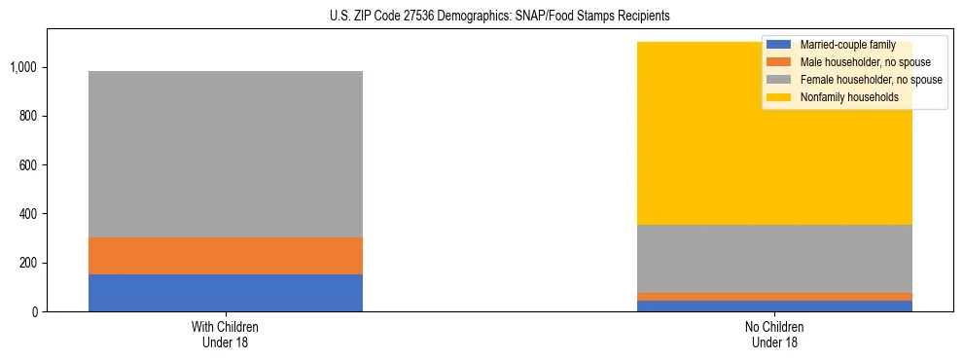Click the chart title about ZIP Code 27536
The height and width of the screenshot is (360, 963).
tap(482, 17)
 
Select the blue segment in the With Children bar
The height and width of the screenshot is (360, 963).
tap(226, 293)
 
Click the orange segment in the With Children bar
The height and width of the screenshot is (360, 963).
tap(226, 256)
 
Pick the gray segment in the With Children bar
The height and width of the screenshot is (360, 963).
tap(226, 154)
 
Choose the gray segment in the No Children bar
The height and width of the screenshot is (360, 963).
tap(774, 259)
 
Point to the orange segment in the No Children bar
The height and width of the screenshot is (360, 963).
tap(774, 297)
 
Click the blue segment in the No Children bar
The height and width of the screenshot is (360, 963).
tap(774, 306)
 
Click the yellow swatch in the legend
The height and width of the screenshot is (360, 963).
tap(779, 97)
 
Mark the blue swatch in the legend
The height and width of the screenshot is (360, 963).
tap(779, 45)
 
